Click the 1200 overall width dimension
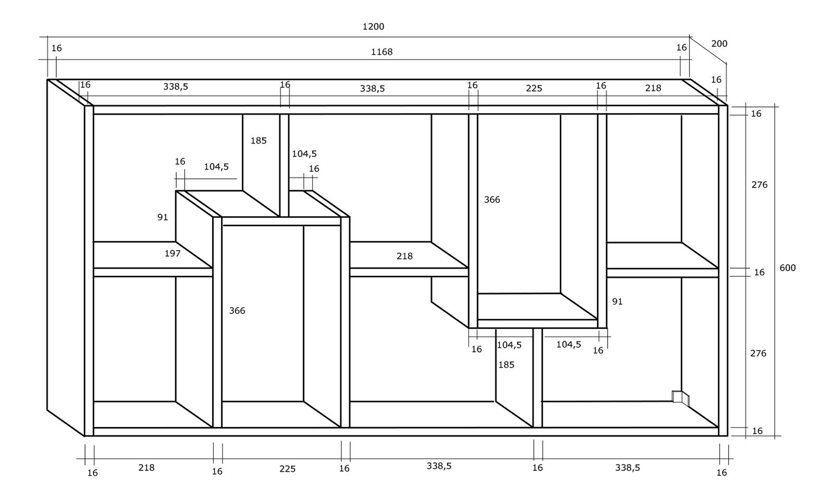(x=373, y=27)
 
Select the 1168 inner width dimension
(x=382, y=52)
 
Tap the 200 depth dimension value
(x=719, y=44)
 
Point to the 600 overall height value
(x=788, y=267)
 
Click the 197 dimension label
(x=173, y=253)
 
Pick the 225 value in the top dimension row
(x=534, y=88)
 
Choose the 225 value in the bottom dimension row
(x=287, y=469)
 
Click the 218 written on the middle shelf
(x=404, y=256)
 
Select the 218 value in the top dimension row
(x=653, y=88)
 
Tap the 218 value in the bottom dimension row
(x=146, y=468)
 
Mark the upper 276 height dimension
(x=759, y=185)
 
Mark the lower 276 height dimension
(x=758, y=353)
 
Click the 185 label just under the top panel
(x=259, y=140)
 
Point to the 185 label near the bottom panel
(x=506, y=364)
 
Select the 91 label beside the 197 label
(x=163, y=217)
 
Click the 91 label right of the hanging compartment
(x=617, y=301)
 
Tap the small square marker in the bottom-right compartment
(x=678, y=397)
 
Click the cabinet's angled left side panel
(x=66, y=255)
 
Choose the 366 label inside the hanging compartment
(x=492, y=200)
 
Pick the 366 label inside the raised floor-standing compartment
(x=237, y=311)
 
